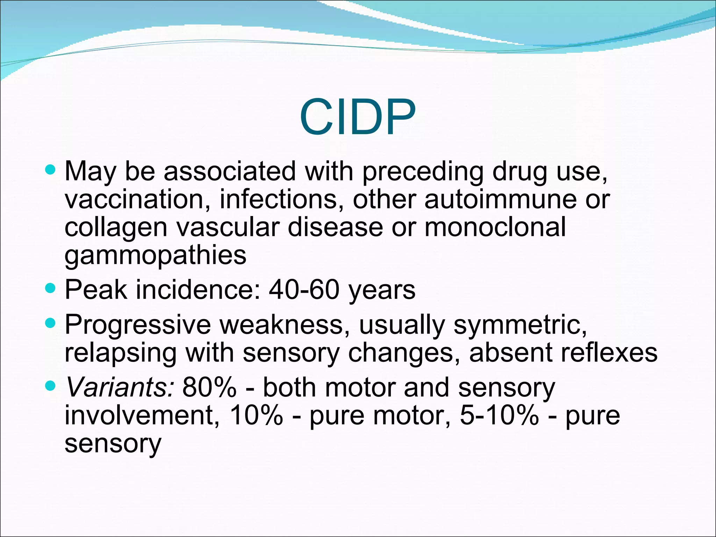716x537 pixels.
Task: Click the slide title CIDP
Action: point(357,117)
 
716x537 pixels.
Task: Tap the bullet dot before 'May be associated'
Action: point(51,170)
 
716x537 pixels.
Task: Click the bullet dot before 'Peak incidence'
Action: point(51,289)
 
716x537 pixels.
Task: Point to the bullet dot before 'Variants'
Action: point(51,386)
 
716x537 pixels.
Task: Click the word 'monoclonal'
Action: point(495,227)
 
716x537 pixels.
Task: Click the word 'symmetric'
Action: point(520,325)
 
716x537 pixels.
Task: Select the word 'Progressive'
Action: point(138,325)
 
